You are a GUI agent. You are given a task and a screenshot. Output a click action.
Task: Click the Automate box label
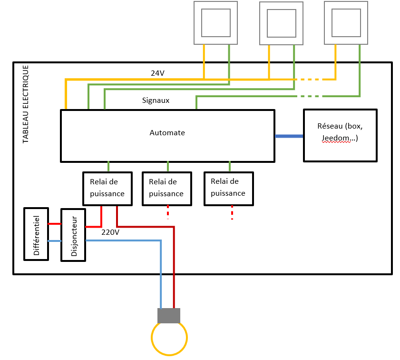coord(167,133)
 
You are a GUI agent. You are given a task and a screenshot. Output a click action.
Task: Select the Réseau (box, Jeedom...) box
coord(340,135)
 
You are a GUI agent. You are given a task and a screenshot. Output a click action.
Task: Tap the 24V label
coord(157,73)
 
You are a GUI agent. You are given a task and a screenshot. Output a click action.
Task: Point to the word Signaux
coord(156,100)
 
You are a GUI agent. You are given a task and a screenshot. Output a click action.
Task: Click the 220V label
coord(110,232)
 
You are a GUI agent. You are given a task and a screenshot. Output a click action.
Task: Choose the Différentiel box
coord(37,234)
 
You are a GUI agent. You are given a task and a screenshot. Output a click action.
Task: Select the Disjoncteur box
coord(73,235)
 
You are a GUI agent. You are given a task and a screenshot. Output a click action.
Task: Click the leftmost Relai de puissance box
coord(107,188)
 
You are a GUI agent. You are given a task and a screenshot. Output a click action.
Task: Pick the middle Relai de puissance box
coord(166,188)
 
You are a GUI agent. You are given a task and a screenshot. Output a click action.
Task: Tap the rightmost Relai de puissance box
coord(228,188)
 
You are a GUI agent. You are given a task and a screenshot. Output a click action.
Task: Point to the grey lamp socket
coord(169,315)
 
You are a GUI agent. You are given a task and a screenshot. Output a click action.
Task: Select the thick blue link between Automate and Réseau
coord(289,136)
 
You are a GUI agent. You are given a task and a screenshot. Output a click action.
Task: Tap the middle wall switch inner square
coord(281,23)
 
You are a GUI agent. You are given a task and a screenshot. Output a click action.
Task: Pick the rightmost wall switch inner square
coord(346,22)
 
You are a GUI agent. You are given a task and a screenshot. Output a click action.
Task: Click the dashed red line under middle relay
coord(168,212)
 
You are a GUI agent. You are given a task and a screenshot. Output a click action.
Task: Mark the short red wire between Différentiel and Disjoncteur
coord(55,223)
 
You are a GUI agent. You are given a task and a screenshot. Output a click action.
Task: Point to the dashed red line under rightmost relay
coord(232,212)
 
